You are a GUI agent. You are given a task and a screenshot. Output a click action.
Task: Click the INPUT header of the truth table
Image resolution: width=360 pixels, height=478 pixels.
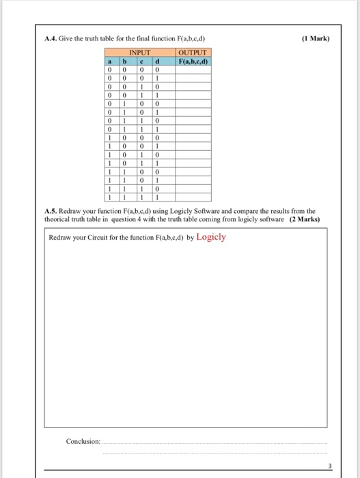click(x=139, y=53)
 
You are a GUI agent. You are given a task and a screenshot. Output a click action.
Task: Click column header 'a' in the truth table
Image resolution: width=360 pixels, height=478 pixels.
click(x=108, y=61)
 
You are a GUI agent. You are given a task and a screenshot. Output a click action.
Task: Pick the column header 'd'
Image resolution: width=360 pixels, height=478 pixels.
click(x=158, y=61)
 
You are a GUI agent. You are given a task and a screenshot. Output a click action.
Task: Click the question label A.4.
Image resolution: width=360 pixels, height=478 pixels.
click(x=50, y=38)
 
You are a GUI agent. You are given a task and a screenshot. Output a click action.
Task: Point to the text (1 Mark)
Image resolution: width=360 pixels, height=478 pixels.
click(x=315, y=38)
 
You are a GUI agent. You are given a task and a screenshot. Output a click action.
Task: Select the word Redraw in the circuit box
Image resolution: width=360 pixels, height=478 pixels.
click(x=61, y=238)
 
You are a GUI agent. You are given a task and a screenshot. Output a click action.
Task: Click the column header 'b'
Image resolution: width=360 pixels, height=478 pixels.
click(x=125, y=61)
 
